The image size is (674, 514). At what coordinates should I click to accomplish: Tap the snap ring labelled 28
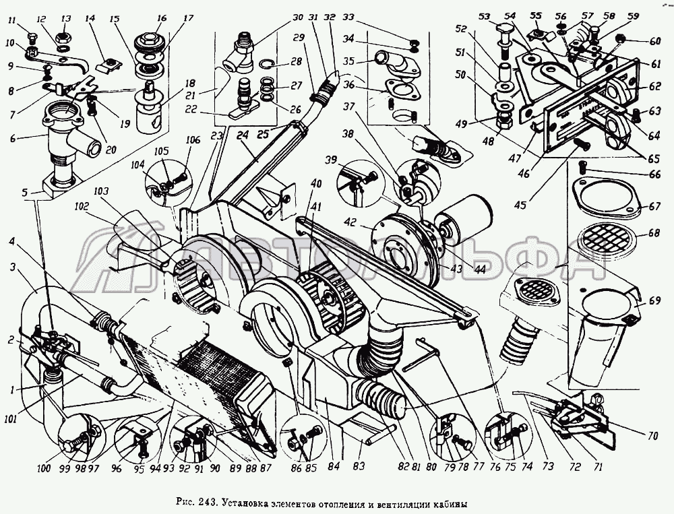point(267,66)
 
